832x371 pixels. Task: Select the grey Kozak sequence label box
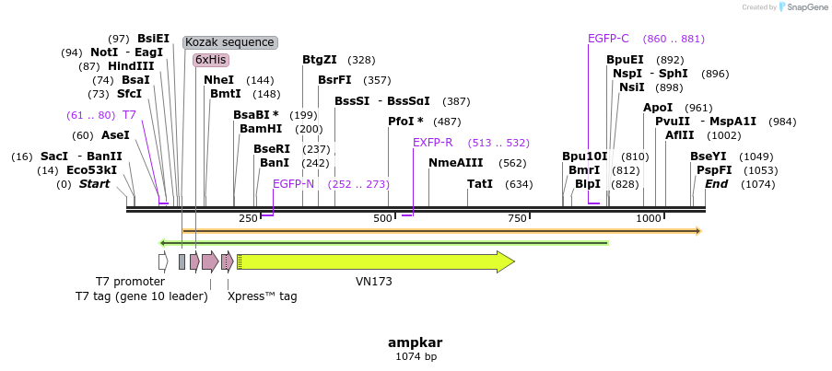229,42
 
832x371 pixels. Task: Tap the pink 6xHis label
210,60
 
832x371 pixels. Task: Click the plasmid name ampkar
416,342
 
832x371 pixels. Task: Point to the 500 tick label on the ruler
382,218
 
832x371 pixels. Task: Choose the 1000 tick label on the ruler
649,218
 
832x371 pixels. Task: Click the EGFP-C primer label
608,39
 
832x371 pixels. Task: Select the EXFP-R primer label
432,143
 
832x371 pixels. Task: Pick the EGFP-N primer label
293,184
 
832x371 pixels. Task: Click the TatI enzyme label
479,184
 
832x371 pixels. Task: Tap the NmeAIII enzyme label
455,163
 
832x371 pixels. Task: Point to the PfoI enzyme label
405,122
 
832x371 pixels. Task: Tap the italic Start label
94,184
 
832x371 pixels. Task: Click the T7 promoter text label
130,281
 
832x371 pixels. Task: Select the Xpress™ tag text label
262,296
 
